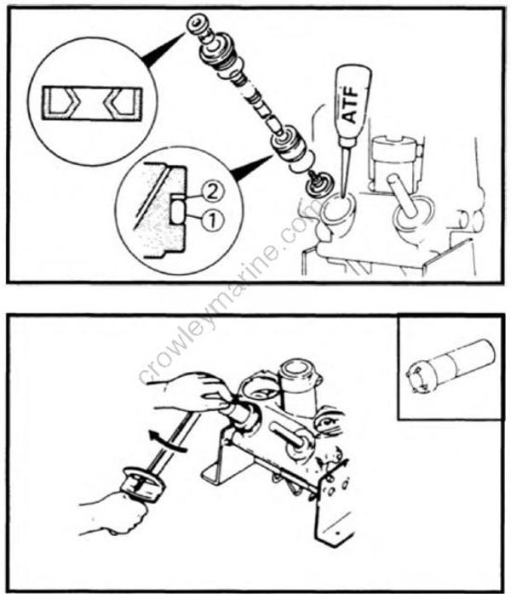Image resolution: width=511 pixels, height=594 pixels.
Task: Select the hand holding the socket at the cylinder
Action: [183, 393]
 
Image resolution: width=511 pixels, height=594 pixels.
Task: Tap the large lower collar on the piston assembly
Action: [286, 142]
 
